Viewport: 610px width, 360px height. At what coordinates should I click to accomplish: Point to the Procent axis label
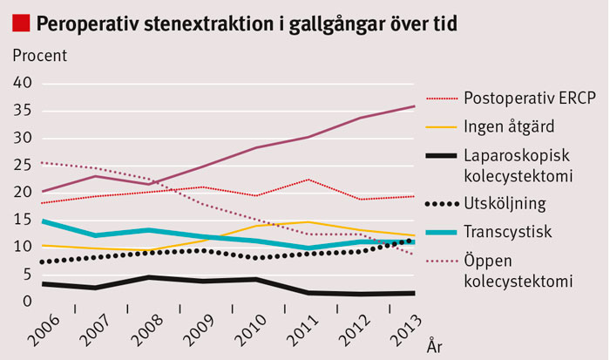[x=39, y=55]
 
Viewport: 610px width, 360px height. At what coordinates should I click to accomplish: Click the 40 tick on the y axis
[x=24, y=84]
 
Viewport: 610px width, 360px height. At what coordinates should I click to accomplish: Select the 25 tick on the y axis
[x=24, y=166]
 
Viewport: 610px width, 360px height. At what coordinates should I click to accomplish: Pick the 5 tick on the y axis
[x=28, y=275]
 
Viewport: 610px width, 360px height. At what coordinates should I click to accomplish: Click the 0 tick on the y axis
[x=28, y=302]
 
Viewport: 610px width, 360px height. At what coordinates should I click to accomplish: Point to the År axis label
[x=436, y=346]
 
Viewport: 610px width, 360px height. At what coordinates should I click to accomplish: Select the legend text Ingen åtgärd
[x=510, y=127]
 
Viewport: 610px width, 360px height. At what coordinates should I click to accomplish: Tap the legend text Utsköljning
[x=505, y=205]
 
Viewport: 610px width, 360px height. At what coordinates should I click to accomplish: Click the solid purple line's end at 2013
[x=414, y=106]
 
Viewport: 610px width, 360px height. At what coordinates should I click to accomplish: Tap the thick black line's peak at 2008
[x=149, y=277]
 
